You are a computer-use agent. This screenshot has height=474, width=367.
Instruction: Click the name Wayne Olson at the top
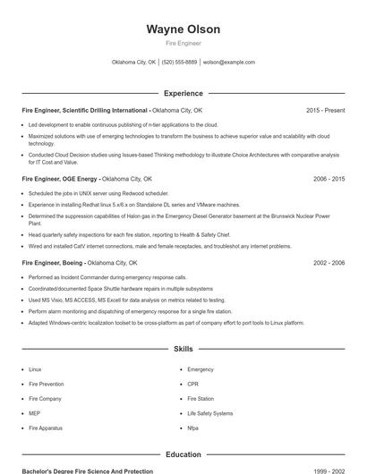(x=183, y=30)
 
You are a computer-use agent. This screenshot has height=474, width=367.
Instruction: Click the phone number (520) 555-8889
(x=179, y=63)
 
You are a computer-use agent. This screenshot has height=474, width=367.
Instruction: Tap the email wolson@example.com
(x=229, y=63)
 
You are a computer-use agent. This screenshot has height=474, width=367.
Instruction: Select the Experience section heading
(x=183, y=93)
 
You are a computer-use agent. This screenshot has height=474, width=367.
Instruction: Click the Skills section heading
(x=183, y=348)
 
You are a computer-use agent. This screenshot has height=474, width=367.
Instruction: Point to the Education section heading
(x=183, y=454)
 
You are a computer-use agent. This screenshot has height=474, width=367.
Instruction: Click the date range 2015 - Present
(x=325, y=110)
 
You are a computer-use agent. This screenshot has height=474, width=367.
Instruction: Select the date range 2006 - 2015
(x=329, y=178)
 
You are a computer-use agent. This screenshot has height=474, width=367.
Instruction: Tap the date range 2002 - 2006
(x=329, y=263)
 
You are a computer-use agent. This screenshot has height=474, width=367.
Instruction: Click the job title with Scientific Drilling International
(x=85, y=110)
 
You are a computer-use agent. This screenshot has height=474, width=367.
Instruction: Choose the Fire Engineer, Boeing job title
(x=53, y=263)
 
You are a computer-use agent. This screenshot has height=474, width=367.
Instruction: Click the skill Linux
(x=35, y=368)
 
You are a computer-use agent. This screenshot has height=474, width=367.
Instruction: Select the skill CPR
(x=193, y=384)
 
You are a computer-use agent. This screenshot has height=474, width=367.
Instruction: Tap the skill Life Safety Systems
(x=209, y=413)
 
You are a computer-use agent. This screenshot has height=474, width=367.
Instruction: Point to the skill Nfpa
(x=193, y=428)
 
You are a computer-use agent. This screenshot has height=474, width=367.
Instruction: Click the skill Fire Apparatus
(x=46, y=428)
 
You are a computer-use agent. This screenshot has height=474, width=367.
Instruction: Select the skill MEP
(x=34, y=413)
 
